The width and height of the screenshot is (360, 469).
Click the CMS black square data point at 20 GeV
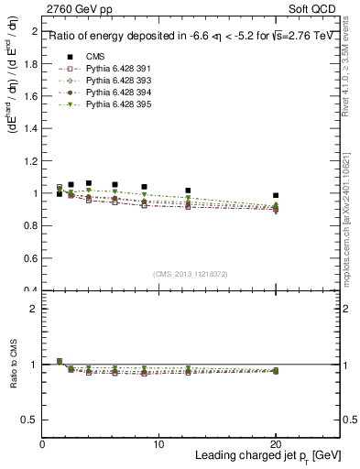coord(276,195)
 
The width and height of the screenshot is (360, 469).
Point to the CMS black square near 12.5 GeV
coord(188,191)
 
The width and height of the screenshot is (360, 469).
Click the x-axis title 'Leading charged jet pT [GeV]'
coord(267,455)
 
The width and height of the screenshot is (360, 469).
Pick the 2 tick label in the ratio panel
coord(35,310)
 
